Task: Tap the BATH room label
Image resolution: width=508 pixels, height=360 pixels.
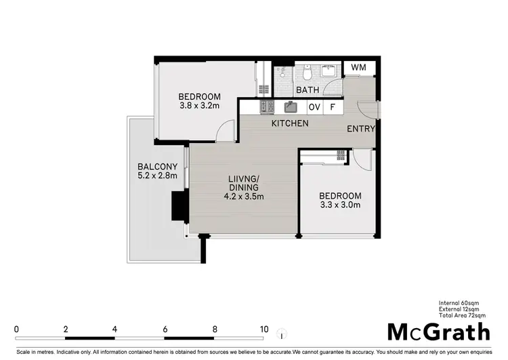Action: point(308,89)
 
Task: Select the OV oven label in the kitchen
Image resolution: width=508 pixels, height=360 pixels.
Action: point(314,107)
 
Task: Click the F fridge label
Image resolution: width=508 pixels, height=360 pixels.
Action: point(333,107)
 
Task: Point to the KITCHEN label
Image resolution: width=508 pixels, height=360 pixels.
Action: point(290,123)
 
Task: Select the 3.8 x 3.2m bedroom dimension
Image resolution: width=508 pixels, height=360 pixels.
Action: point(200,106)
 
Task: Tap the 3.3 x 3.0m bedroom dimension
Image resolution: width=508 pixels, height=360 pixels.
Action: point(340,206)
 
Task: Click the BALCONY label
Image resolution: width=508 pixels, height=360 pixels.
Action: point(157,167)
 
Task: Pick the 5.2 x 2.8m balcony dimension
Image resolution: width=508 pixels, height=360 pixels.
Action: point(157,176)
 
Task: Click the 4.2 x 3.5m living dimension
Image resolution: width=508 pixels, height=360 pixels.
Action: point(244,197)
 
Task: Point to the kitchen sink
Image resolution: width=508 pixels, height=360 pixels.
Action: point(291,106)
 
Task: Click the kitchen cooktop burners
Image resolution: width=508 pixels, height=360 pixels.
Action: point(266,106)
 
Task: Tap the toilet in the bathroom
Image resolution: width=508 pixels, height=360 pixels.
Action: point(307,72)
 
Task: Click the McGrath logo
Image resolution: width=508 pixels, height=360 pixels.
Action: point(438,332)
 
